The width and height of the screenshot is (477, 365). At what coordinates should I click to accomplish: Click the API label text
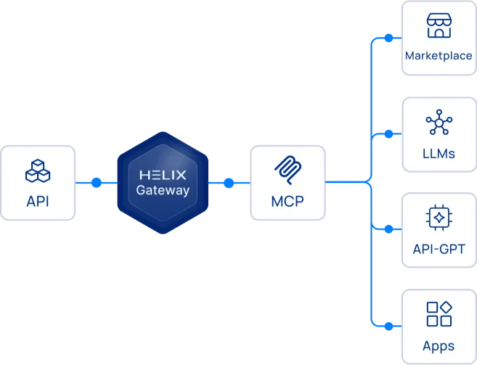point(38,201)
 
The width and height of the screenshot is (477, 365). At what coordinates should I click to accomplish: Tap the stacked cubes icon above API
point(38,171)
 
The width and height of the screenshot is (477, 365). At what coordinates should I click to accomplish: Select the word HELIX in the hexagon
point(163,175)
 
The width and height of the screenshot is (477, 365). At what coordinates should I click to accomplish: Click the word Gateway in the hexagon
point(163,191)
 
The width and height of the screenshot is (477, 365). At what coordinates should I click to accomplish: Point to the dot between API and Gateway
point(97,183)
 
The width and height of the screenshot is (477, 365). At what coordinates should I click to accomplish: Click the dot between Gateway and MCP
point(229,183)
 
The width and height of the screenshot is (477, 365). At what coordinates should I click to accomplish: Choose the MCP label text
point(287,201)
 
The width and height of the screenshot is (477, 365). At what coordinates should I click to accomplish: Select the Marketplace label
point(439,56)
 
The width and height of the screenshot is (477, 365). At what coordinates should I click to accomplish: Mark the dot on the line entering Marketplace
point(388,38)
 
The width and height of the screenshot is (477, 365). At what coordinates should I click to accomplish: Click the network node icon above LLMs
point(439,123)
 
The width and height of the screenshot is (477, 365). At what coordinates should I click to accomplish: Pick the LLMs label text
point(439,153)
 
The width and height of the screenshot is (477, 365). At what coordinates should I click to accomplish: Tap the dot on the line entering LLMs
point(388,134)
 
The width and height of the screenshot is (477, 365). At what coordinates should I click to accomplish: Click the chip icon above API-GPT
point(439,218)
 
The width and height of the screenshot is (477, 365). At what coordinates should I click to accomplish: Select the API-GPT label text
point(439,250)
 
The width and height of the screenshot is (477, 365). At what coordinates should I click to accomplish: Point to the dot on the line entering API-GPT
point(388,229)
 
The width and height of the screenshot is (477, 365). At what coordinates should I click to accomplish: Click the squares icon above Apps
point(439,314)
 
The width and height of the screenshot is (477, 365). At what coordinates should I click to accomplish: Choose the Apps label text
point(439,345)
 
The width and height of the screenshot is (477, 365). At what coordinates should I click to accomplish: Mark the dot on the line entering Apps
point(388,325)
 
